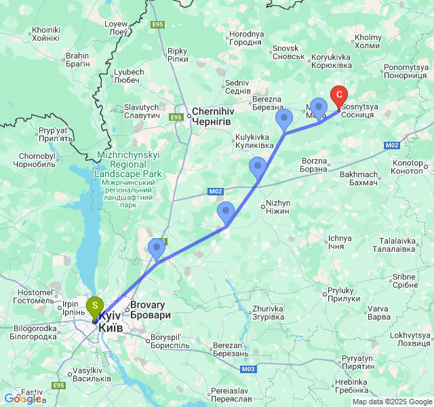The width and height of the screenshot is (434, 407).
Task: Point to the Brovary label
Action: pos(150,310)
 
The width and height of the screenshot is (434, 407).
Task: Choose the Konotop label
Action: pos(412,167)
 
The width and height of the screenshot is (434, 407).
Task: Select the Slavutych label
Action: pos(141,111)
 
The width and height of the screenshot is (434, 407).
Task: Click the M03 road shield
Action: pos(248,370)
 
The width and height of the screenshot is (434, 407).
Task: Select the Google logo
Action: pos(22,399)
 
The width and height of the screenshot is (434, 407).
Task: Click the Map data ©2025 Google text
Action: pos(391,402)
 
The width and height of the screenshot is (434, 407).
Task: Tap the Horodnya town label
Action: pos(246,38)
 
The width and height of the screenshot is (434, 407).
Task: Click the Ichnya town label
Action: pos(339,242)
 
